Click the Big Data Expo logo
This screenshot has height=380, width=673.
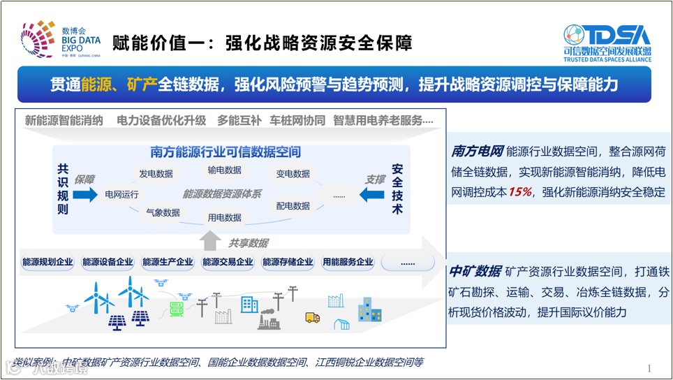61,40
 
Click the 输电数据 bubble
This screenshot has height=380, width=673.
225,170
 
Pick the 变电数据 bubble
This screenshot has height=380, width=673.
293,174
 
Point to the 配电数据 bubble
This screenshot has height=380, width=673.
293,206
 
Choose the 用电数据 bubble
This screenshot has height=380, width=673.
225,217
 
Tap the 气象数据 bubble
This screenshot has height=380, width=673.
163,212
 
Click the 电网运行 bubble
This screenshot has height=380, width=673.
121,194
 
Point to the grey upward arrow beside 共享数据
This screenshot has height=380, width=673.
209,241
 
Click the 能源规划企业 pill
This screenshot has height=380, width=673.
47,263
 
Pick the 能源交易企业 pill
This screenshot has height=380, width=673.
228,263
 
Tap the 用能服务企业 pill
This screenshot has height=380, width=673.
348,263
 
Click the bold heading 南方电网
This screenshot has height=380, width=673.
477,152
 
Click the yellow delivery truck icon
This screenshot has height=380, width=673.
312,318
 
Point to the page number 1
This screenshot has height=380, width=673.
649,368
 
